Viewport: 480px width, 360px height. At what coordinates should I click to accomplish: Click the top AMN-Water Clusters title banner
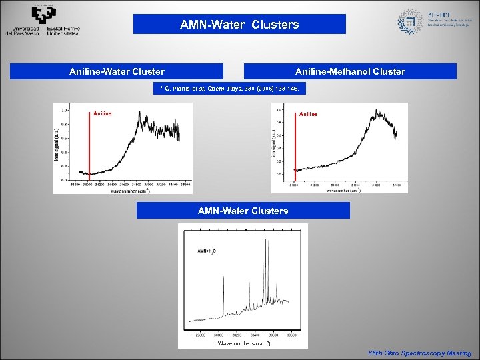coord(239,25)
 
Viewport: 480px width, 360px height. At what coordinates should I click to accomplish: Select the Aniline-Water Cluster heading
coord(117,71)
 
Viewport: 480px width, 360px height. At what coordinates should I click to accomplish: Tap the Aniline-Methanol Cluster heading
coord(350,71)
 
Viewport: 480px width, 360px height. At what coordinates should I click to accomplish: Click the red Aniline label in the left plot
coord(103,113)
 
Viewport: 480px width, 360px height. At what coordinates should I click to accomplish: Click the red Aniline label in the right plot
coord(308,114)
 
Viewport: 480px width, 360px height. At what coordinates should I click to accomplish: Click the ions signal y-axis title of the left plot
coord(57,145)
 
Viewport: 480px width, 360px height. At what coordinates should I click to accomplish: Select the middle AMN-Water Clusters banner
coord(243,211)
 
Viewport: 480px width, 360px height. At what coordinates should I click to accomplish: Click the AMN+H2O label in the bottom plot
coord(205,251)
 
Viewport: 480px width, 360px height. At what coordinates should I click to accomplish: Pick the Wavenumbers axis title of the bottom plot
coord(243,343)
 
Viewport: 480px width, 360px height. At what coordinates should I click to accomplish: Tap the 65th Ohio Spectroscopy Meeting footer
coord(420,353)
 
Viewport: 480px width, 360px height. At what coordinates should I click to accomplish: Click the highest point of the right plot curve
coord(377,111)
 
